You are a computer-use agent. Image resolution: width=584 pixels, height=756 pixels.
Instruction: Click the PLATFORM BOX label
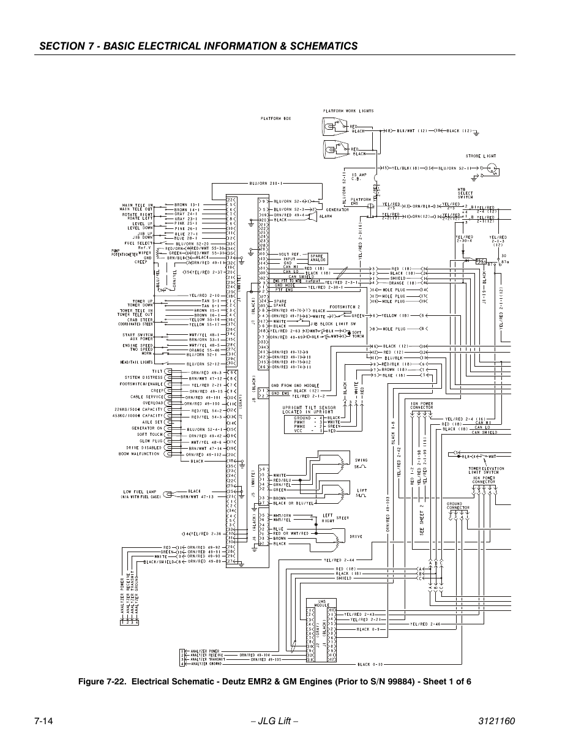coord(275,118)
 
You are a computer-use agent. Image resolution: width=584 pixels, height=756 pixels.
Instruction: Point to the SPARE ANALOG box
coord(316,258)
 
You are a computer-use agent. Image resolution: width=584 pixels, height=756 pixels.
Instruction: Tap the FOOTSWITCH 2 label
coord(345,307)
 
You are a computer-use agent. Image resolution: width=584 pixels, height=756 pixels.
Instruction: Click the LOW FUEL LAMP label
coord(137,492)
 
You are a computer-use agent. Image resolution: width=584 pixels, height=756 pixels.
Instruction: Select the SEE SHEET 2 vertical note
coord(422,520)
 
